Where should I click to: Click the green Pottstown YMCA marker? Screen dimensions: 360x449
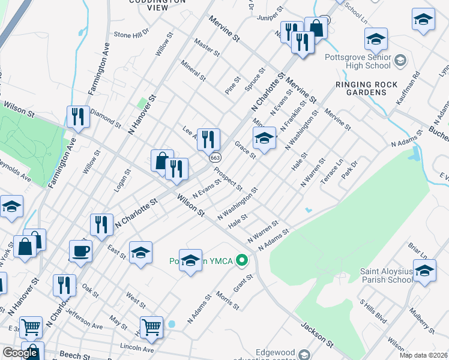pyautogui.click(x=242, y=260)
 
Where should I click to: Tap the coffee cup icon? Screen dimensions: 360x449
pyautogui.click(x=80, y=250)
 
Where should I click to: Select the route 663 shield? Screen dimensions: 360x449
pyautogui.click(x=214, y=157)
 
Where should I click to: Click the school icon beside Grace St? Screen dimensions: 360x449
pyautogui.click(x=264, y=138)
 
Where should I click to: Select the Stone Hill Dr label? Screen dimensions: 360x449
pyautogui.click(x=131, y=35)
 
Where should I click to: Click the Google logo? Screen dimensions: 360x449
pyautogui.click(x=19, y=352)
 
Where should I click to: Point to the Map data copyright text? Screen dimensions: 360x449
pyautogui.click(x=423, y=355)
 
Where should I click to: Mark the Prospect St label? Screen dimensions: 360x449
pyautogui.click(x=228, y=176)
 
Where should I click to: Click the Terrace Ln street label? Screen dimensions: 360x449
pyautogui.click(x=331, y=170)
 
